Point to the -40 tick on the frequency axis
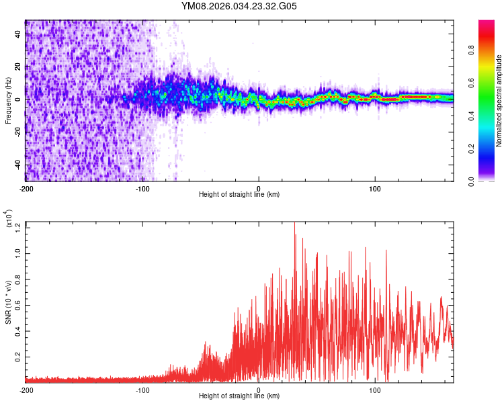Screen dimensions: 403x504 click(x=18, y=165)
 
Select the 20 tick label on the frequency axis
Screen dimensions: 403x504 click(x=18, y=66)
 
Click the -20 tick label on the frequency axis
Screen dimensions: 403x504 click(x=18, y=132)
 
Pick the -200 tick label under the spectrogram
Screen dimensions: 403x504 click(x=27, y=188)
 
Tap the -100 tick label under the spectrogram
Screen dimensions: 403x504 click(x=142, y=188)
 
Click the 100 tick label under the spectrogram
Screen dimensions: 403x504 click(x=375, y=188)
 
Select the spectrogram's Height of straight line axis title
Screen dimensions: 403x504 click(x=239, y=195)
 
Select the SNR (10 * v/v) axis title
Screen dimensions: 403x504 click(x=8, y=302)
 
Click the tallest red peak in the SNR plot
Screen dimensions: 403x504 click(x=294, y=224)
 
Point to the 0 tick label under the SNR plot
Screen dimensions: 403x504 click(x=259, y=390)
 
